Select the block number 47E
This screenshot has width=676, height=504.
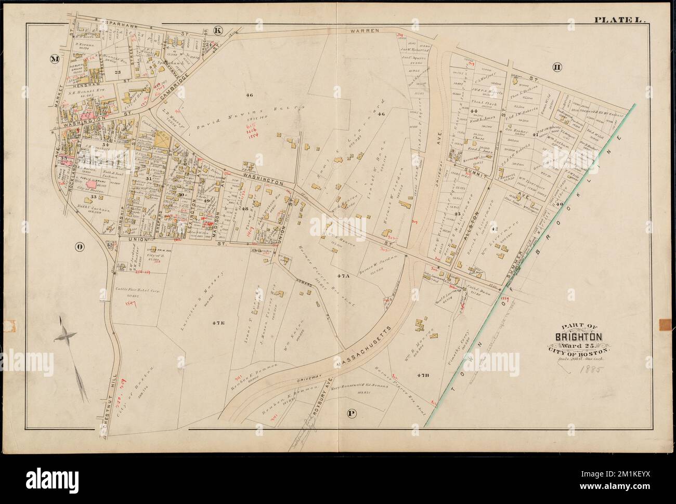[x=218, y=323]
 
